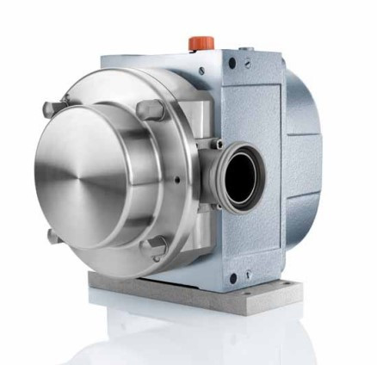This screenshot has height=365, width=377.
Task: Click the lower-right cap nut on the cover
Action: pyautogui.click(x=158, y=247)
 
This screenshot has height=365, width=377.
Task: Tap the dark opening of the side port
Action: pyautogui.click(x=244, y=171)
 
